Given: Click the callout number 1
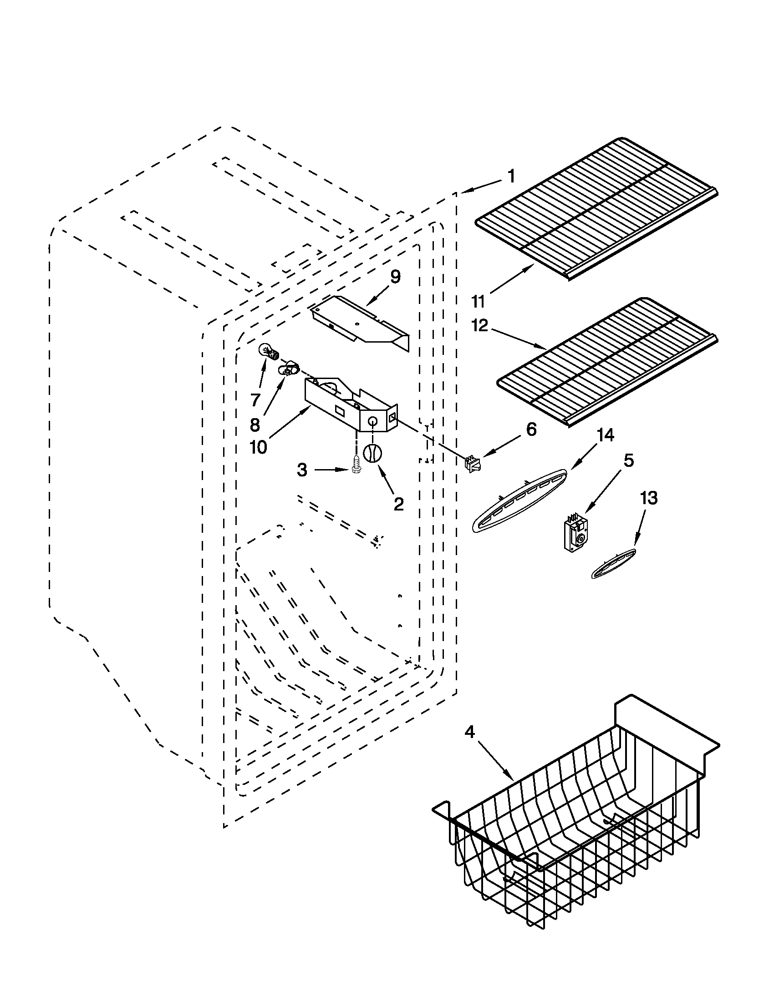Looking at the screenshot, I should click(x=511, y=177).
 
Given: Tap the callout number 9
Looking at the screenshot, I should click(x=395, y=277).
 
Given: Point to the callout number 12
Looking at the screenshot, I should click(x=479, y=325).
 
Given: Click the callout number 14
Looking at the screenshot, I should click(x=605, y=435).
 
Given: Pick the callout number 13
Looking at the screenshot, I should click(x=648, y=498).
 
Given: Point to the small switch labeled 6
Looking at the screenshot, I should click(x=472, y=463).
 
